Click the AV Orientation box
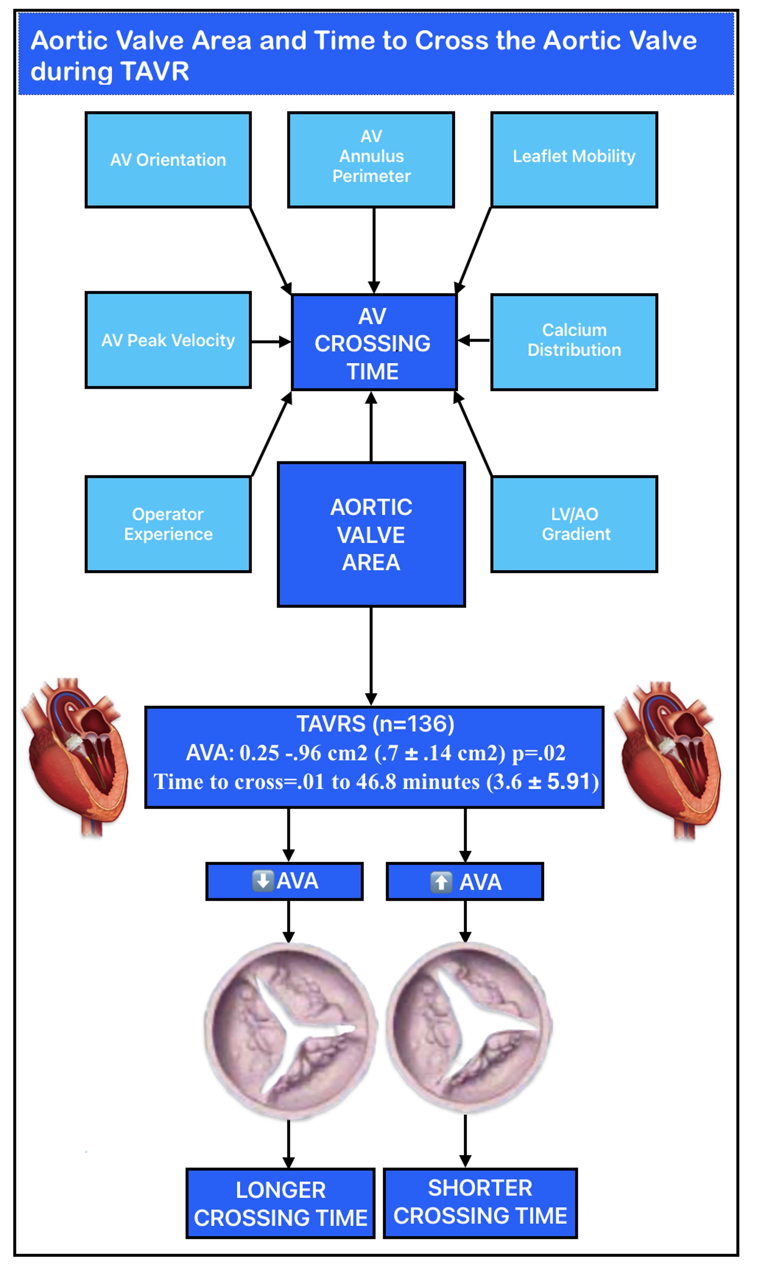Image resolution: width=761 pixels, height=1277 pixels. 168,160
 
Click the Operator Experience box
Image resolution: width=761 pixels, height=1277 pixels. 168,524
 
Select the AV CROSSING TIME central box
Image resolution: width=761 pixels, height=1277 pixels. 373,342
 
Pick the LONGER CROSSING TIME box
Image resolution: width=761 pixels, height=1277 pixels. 281,1204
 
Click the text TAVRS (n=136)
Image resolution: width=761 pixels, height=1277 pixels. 375,724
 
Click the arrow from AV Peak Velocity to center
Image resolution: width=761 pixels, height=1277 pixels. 271,342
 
